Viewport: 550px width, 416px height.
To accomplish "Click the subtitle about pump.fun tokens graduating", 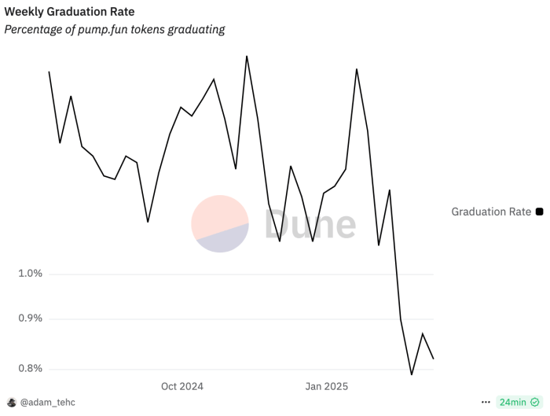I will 115,29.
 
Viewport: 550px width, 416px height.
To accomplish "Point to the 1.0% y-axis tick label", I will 29,274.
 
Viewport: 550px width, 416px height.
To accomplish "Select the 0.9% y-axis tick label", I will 29,318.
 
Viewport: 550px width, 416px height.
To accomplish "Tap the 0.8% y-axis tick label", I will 29,369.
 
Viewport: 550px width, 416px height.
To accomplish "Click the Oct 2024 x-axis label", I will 181,386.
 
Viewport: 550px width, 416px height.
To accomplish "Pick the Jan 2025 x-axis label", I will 325,386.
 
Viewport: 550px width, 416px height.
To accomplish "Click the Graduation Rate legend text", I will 491,212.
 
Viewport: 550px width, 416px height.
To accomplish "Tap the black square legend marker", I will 539,212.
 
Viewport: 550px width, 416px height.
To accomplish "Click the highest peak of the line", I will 247,56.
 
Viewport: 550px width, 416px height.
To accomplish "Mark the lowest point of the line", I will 412,374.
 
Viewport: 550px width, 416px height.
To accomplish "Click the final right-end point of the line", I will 434,359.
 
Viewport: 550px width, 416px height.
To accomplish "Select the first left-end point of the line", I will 49,72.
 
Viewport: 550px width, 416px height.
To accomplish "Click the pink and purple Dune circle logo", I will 220,224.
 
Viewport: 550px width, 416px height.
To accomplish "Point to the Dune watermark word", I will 310,225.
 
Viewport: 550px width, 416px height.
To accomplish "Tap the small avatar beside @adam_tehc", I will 12,402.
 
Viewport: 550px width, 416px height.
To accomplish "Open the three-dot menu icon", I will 486,402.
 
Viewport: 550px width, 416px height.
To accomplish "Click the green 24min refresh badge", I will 519,402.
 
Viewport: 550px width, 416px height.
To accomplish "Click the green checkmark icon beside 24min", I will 535,402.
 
